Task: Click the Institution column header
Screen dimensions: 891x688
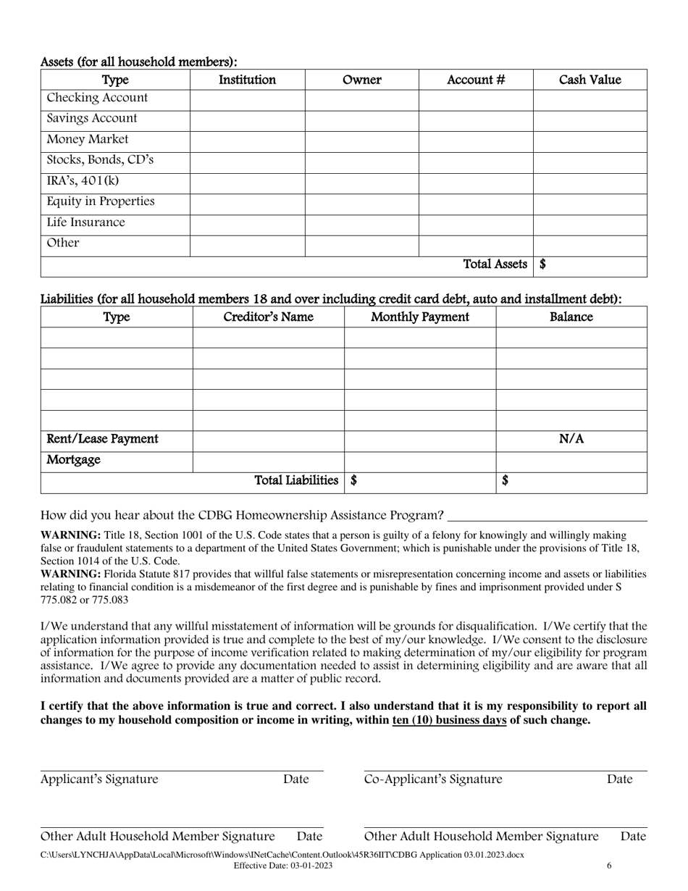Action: pos(247,80)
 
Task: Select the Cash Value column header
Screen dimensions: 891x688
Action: pos(590,80)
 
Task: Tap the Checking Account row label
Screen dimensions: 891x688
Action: pos(97,98)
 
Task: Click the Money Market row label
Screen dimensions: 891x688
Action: pos(88,139)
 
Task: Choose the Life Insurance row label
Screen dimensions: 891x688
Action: pos(85,222)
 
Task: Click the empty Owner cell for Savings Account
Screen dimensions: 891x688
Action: pos(361,119)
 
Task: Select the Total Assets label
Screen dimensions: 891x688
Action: pos(495,264)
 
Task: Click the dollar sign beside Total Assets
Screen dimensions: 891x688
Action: pos(542,264)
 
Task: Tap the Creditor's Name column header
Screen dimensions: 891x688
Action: pos(268,317)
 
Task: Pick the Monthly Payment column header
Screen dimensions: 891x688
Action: pos(419,317)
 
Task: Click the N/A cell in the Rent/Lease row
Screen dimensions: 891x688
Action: pos(571,439)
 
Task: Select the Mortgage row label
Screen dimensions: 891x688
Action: pos(73,460)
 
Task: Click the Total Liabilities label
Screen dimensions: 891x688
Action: pos(296,480)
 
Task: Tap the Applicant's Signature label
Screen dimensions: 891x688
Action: pos(99,779)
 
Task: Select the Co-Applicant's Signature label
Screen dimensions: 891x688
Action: pos(433,779)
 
